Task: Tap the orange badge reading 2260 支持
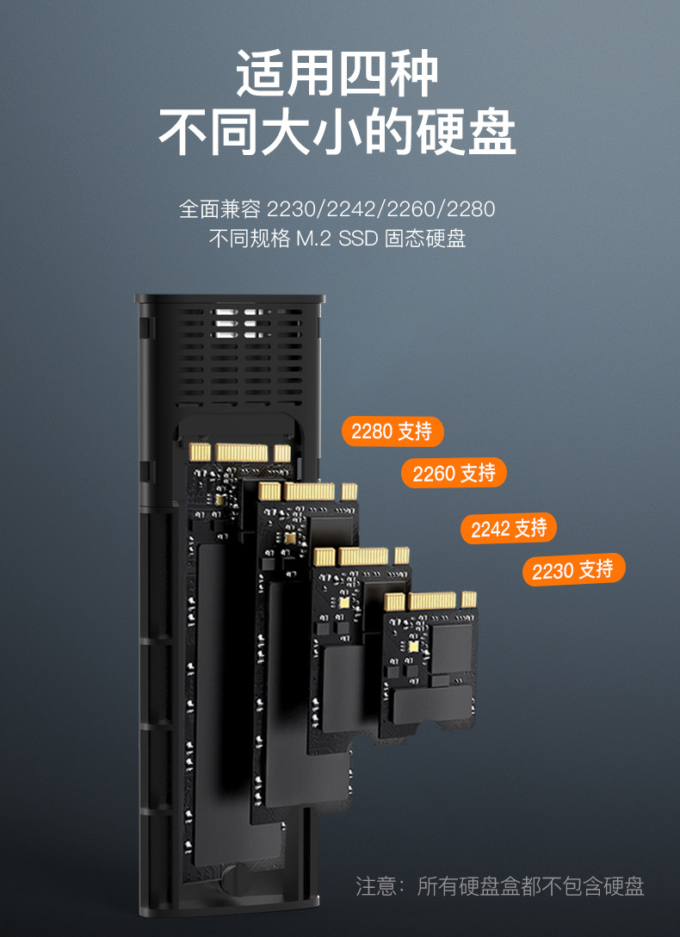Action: click(x=454, y=473)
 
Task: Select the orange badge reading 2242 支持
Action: click(x=508, y=529)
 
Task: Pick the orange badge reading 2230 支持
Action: click(x=572, y=570)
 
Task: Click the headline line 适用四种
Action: click(x=337, y=75)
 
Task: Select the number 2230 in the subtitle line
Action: click(x=291, y=209)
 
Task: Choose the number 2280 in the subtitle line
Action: click(x=471, y=209)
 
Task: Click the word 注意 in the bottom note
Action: click(x=377, y=886)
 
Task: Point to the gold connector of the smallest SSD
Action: click(x=430, y=601)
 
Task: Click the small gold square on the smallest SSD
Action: click(x=413, y=645)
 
